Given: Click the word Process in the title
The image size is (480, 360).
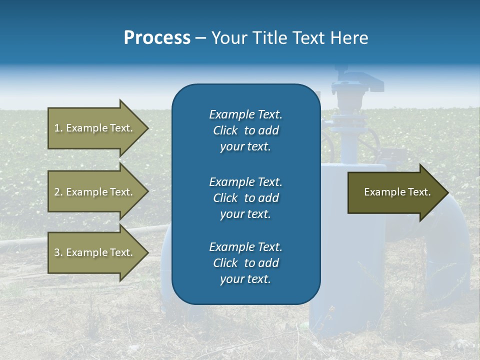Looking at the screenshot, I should [157, 37].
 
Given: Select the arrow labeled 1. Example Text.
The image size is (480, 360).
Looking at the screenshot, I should [95, 128].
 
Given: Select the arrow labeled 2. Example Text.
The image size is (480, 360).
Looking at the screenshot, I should [95, 192].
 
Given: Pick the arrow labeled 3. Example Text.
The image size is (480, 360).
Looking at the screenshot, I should [95, 252].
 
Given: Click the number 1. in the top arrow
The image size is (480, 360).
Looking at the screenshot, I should [58, 128].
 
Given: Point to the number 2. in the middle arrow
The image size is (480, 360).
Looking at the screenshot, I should [58, 192].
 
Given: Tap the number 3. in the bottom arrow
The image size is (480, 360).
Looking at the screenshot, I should [58, 252].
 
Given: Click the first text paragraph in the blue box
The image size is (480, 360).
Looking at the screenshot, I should [245, 130].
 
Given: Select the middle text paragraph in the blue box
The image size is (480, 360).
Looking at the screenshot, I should [245, 197].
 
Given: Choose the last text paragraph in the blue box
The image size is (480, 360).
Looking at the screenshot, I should [245, 263].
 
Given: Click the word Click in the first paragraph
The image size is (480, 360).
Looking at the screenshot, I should [225, 130].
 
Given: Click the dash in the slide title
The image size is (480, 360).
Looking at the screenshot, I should [200, 38].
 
